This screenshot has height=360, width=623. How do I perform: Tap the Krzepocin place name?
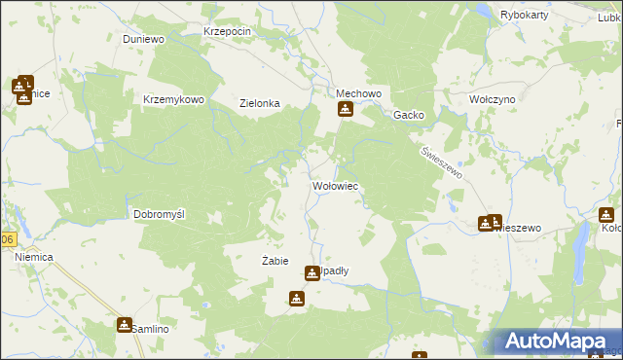click(228, 31)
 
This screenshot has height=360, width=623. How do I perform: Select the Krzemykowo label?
click(173, 99)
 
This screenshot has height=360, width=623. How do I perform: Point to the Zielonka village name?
click(260, 103)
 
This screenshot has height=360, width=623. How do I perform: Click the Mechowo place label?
click(356, 93)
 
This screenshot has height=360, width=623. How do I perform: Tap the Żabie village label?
click(275, 261)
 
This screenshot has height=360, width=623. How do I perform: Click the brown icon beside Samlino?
click(125, 324)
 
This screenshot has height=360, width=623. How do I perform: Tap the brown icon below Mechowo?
click(345, 109)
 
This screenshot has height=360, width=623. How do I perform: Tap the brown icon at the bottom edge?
click(420, 356)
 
